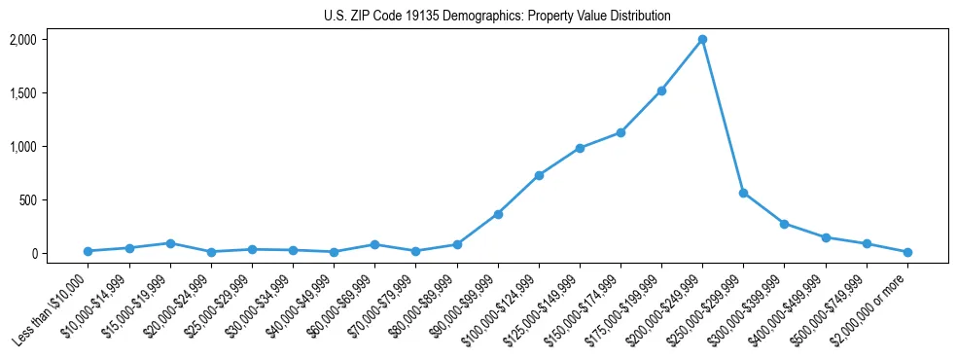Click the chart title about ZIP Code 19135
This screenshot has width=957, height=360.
pyautogui.click(x=497, y=17)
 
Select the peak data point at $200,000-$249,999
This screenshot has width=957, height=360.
pyautogui.click(x=702, y=40)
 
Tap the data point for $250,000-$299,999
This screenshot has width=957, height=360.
pyautogui.click(x=743, y=193)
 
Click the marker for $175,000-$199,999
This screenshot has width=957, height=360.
pyautogui.click(x=661, y=90)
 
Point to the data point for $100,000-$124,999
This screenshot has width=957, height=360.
pyautogui.click(x=539, y=175)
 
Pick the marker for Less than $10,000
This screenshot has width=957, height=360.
pyautogui.click(x=89, y=251)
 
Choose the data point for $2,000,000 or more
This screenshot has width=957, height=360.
pyautogui.click(x=907, y=252)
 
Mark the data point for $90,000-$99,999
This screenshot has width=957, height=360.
pyautogui.click(x=498, y=214)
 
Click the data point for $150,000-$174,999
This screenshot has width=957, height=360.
pyautogui.click(x=620, y=132)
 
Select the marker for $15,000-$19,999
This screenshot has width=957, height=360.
pyautogui.click(x=170, y=243)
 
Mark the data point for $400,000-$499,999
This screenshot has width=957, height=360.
pyautogui.click(x=826, y=237)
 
